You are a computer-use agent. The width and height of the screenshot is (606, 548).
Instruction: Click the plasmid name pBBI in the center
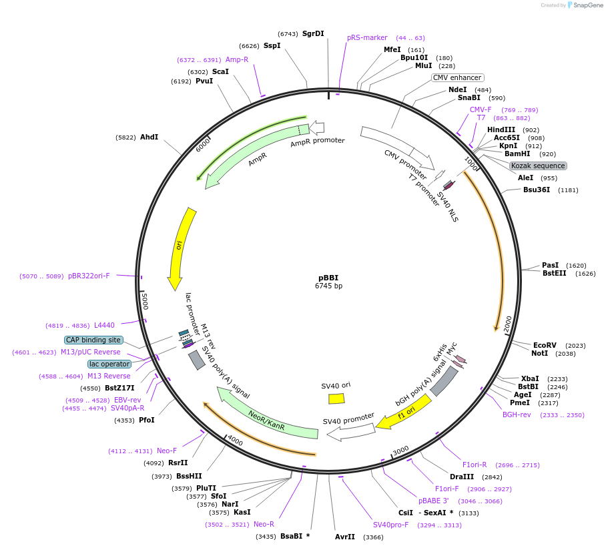tap(328, 278)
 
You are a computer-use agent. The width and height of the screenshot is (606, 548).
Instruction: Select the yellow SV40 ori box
tap(336, 398)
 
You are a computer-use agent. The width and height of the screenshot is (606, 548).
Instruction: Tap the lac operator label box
tap(109, 364)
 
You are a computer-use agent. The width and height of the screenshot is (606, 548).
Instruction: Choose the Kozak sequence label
tap(538, 166)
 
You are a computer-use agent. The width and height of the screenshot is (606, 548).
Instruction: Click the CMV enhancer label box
tap(457, 77)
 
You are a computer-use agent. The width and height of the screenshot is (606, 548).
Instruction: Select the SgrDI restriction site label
tap(313, 33)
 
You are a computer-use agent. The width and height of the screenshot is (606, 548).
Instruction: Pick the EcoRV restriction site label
tap(545, 345)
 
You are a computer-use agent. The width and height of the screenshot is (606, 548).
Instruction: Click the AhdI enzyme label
tap(149, 137)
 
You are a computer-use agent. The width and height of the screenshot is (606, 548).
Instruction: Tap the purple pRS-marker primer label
tap(367, 37)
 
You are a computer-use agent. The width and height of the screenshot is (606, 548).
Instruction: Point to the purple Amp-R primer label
tap(237, 59)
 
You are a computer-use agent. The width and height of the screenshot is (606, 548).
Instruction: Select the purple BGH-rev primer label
tap(517, 415)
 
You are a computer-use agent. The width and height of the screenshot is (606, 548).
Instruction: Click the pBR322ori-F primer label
tap(89, 276)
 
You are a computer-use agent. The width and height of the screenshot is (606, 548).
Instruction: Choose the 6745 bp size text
tap(328, 286)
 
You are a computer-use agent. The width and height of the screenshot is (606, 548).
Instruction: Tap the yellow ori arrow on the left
tap(181, 247)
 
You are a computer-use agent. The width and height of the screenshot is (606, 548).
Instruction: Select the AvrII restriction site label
tap(345, 537)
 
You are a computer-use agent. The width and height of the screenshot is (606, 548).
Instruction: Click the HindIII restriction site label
tap(501, 129)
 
